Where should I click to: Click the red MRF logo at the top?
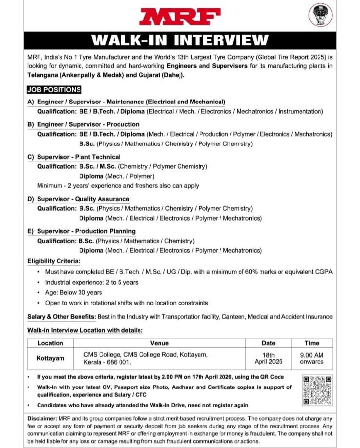click(180, 16)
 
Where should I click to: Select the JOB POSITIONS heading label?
click(54, 90)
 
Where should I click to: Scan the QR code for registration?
click(317, 390)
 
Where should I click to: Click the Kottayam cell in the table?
click(50, 358)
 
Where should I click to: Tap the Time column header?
click(312, 343)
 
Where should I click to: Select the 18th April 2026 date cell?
click(268, 358)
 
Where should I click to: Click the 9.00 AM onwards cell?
click(312, 358)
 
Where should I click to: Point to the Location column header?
click(50, 343)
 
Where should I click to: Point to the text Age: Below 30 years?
click(74, 292)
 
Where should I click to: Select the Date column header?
click(268, 343)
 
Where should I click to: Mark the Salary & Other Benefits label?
click(61, 317)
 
